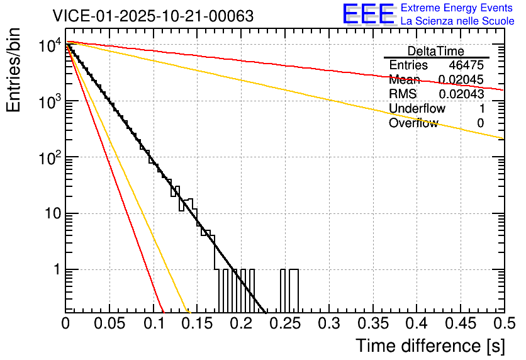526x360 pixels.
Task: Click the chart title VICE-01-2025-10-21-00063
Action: (x=153, y=16)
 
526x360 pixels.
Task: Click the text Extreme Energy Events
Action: (x=457, y=8)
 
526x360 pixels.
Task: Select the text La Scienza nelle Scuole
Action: (x=457, y=21)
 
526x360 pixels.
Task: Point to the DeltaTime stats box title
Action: (x=436, y=51)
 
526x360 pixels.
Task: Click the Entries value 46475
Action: (x=466, y=65)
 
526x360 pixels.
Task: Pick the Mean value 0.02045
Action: (x=461, y=80)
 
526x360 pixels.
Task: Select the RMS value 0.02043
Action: (x=461, y=94)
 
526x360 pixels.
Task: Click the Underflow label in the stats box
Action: (x=417, y=108)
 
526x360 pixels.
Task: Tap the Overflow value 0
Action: (x=480, y=123)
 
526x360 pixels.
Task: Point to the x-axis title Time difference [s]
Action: (x=429, y=346)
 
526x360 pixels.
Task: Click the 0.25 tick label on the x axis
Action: (x=285, y=323)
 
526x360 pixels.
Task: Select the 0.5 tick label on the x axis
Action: (x=503, y=323)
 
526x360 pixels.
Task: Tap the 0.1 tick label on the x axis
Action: (x=154, y=323)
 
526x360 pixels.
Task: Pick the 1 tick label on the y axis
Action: (x=55, y=270)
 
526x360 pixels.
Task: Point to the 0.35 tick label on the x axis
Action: (x=372, y=323)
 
